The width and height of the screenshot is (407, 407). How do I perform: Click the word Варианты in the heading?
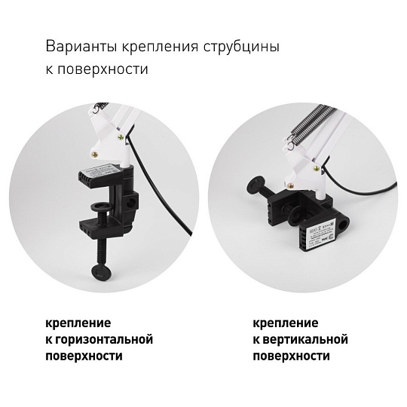81,47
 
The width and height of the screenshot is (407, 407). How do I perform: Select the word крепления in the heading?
160,47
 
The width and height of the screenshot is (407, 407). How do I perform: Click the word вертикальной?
305,339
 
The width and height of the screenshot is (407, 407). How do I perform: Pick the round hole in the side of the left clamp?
132,201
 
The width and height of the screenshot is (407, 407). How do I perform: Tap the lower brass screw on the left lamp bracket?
96,155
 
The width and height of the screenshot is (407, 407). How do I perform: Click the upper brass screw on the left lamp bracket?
121,137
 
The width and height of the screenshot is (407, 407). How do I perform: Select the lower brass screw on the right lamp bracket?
292,185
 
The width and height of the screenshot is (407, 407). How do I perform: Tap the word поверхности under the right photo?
291,356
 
